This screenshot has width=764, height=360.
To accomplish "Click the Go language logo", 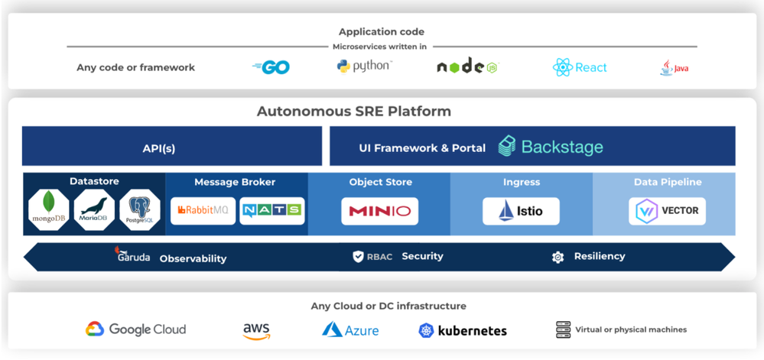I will pyautogui.click(x=271, y=67).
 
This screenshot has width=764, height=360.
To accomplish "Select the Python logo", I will pyautogui.click(x=364, y=66).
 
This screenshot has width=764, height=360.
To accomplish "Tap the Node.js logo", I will pyautogui.click(x=467, y=67).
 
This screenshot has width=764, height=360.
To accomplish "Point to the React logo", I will pyautogui.click(x=580, y=67).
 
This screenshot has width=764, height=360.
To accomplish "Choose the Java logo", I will pyautogui.click(x=674, y=68).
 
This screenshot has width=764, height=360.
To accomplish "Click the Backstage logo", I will pyautogui.click(x=551, y=146).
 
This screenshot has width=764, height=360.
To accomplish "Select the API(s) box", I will pyautogui.click(x=171, y=148).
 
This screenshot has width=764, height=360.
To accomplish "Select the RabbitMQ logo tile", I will pyautogui.click(x=203, y=211).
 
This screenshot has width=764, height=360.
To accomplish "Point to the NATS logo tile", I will pyautogui.click(x=271, y=211).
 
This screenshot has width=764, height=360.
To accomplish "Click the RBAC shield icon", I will pyautogui.click(x=358, y=257).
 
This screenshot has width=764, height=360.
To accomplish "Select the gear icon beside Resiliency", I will pyautogui.click(x=558, y=258).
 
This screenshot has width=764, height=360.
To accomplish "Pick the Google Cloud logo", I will pyautogui.click(x=135, y=329).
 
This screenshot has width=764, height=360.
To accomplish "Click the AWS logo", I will pyautogui.click(x=256, y=330).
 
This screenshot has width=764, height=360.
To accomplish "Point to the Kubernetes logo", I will pyautogui.click(x=463, y=331).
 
